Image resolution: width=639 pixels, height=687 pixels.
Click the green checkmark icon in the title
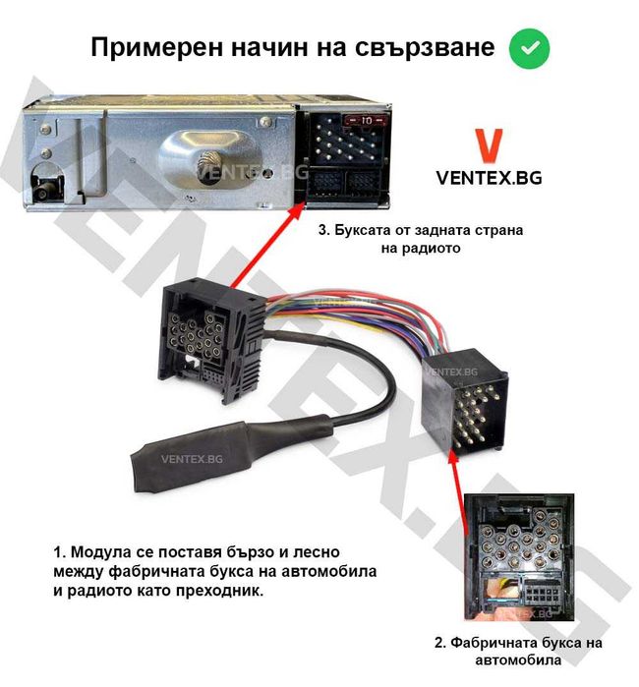[529, 47]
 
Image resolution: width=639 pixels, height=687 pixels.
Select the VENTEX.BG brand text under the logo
[489, 178]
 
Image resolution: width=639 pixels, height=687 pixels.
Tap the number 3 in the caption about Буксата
[321, 230]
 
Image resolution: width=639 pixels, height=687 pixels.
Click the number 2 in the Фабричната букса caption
[439, 643]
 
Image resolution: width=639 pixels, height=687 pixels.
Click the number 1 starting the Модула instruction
[57, 552]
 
